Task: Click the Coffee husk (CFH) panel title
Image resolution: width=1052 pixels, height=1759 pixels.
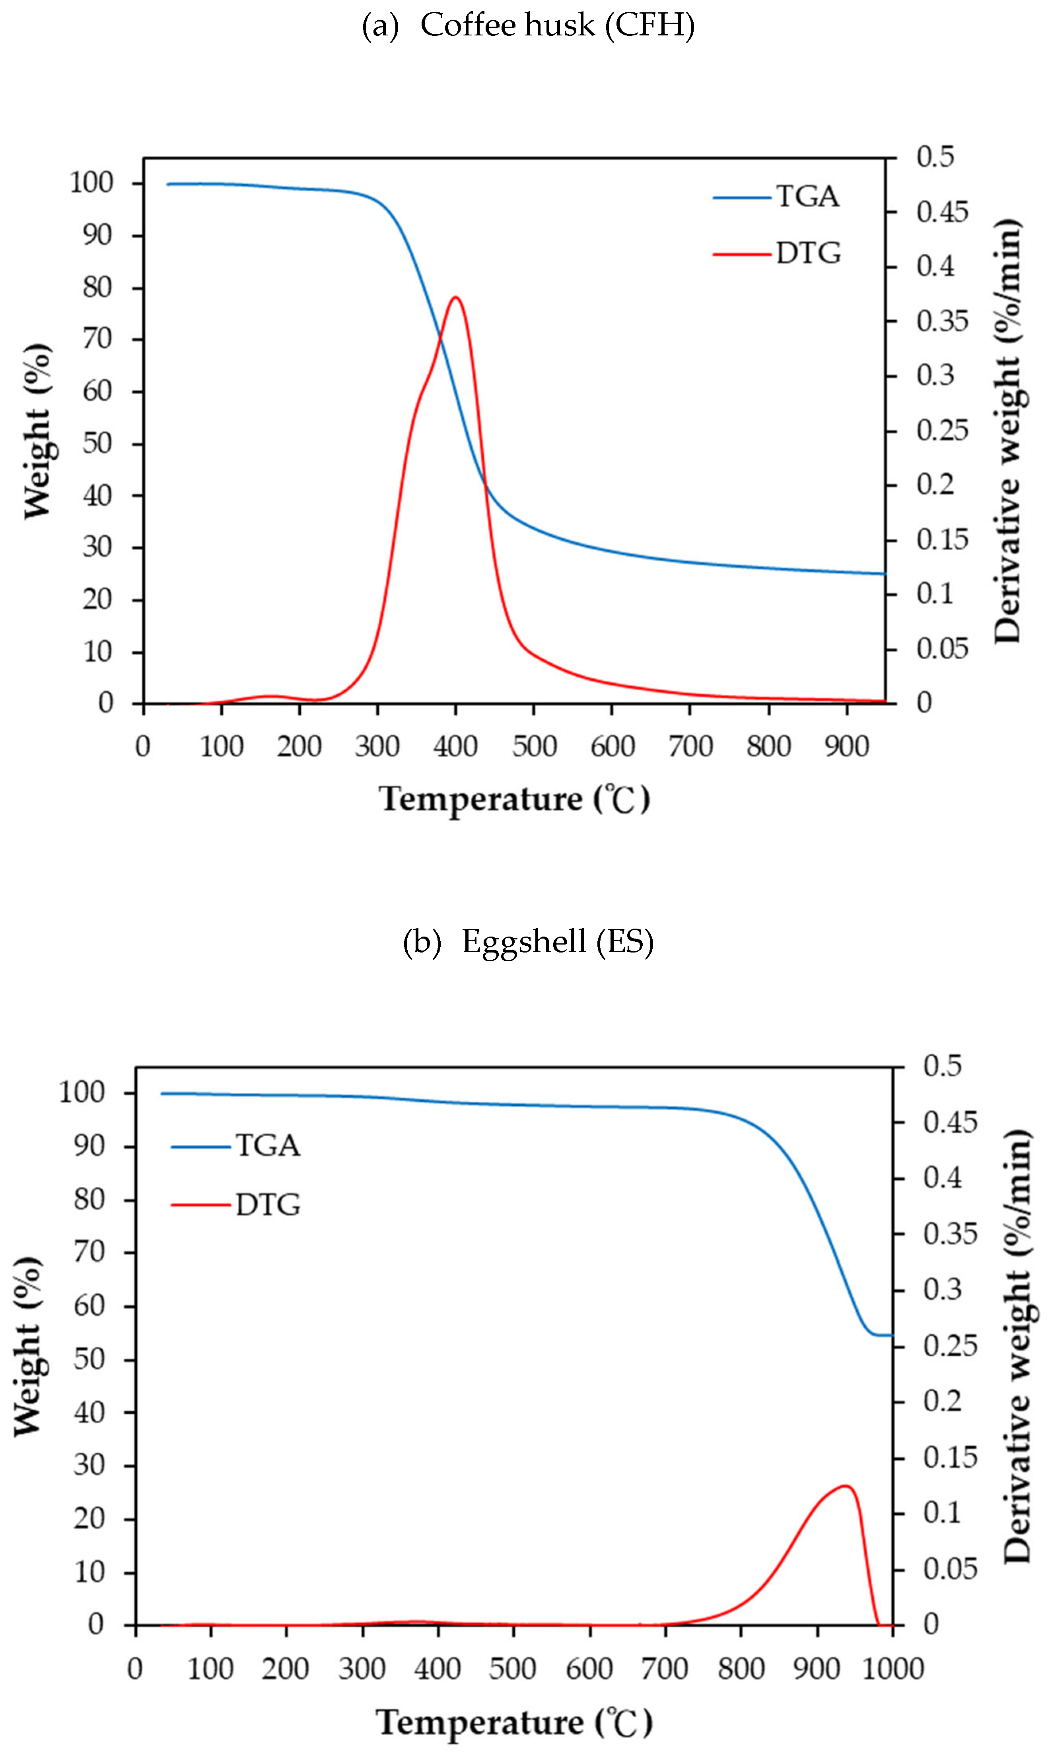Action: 528,25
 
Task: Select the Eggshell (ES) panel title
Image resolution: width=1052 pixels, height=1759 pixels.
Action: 528,942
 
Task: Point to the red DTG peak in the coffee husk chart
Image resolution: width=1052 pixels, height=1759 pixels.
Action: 455,297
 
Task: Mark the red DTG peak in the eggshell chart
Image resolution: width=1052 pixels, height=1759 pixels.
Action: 845,1485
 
